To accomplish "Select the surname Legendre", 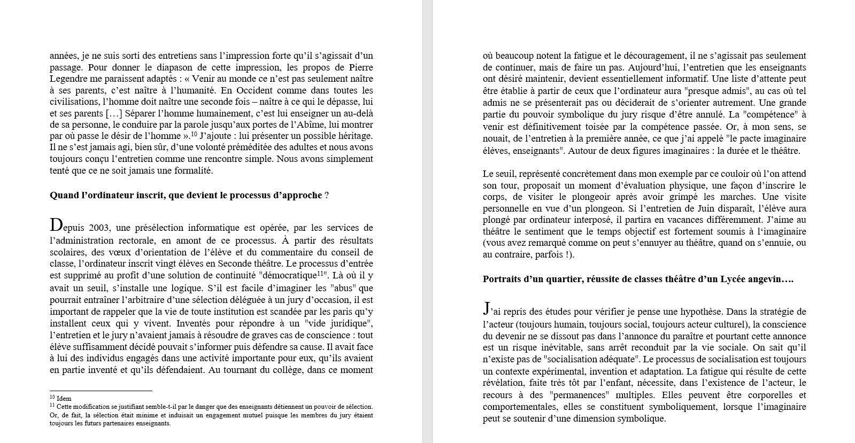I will coord(68,79).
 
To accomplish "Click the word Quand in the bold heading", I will coord(64,195).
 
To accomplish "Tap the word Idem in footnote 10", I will coord(64,399).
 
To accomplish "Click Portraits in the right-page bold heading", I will coord(502,279).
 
